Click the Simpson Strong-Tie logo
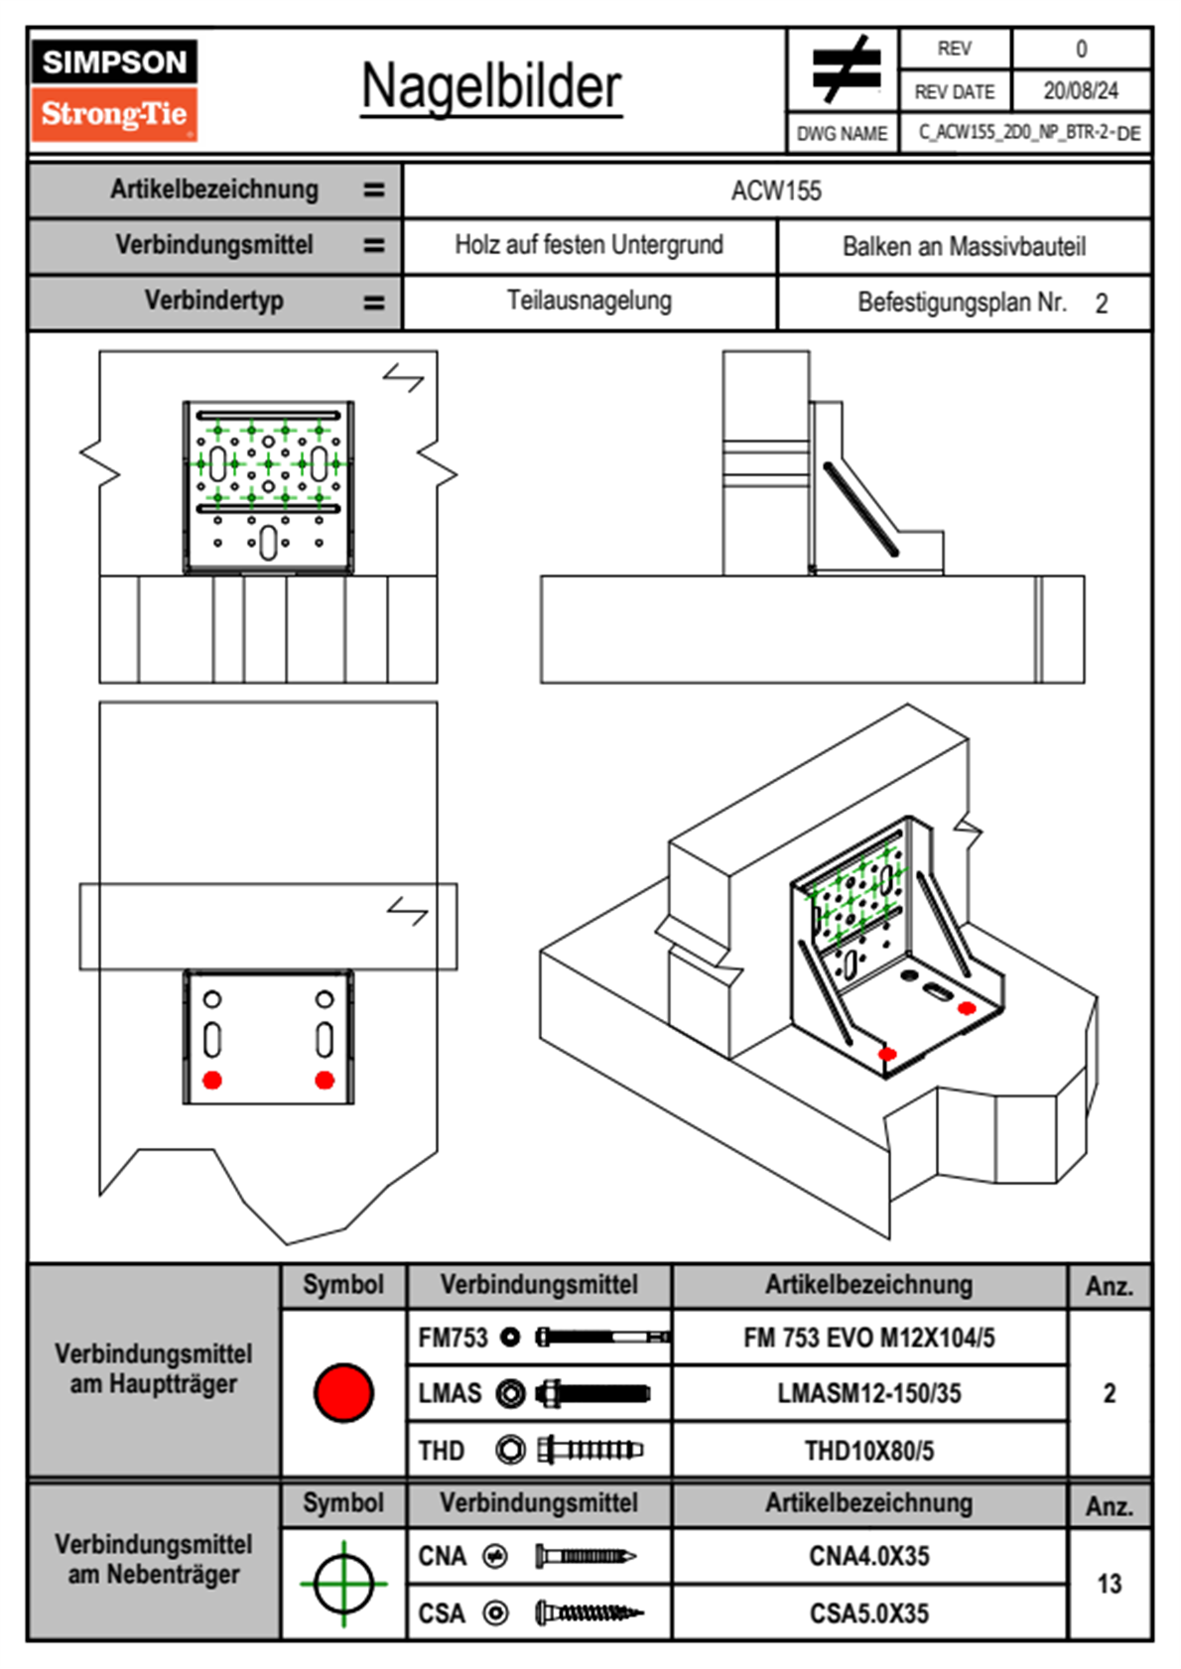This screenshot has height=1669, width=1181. (x=114, y=90)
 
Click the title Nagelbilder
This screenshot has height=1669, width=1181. (x=491, y=86)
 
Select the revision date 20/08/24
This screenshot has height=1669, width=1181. (x=1080, y=91)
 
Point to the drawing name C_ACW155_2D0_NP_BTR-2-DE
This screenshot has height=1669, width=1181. (x=1028, y=133)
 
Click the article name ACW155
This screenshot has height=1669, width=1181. (x=776, y=191)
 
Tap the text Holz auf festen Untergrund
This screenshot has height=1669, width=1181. (x=589, y=245)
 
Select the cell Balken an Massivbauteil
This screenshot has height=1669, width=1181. (x=964, y=246)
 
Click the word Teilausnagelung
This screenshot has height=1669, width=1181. (x=589, y=301)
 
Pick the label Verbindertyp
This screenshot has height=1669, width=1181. (x=213, y=301)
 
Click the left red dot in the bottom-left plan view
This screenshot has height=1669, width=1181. (x=212, y=1080)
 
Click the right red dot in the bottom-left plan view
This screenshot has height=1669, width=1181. (x=325, y=1080)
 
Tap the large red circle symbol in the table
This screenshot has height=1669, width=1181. (x=343, y=1392)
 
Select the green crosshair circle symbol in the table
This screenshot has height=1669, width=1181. (x=343, y=1584)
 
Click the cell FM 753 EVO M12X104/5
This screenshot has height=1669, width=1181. (x=868, y=1338)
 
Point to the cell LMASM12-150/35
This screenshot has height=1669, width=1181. (x=868, y=1394)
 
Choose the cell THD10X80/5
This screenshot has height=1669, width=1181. (x=868, y=1451)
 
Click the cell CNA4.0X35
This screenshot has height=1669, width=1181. (x=868, y=1556)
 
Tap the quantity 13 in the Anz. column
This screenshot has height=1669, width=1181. (x=1109, y=1584)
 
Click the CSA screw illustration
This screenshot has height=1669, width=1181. (x=589, y=1613)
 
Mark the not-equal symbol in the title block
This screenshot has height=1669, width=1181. (x=844, y=69)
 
